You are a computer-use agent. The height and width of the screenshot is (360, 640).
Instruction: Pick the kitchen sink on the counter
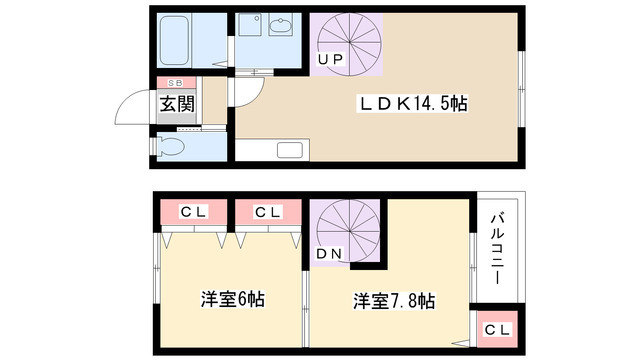[x=291, y=152]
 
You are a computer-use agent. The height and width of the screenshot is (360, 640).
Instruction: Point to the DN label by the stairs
[x=329, y=254]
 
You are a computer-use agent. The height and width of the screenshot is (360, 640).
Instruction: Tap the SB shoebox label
[x=175, y=83]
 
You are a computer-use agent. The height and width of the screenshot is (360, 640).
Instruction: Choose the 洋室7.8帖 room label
[x=392, y=299]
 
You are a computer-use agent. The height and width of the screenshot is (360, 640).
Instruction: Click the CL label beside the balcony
[x=497, y=329]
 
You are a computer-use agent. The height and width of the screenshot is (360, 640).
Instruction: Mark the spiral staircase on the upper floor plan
[x=346, y=41]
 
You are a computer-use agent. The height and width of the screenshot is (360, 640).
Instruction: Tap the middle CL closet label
[x=267, y=212]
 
